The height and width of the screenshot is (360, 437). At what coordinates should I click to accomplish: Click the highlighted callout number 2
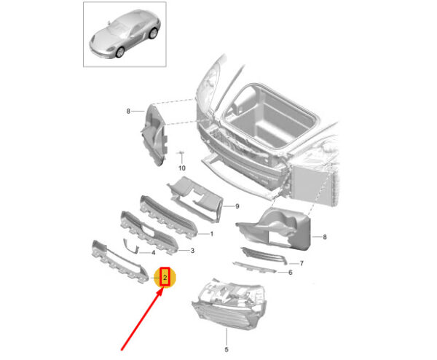click(x=165, y=278)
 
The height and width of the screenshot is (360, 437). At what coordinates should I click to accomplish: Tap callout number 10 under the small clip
click(x=181, y=168)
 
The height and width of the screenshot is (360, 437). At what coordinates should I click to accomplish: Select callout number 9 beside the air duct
click(x=237, y=206)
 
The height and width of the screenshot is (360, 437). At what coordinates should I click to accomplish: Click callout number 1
click(x=211, y=234)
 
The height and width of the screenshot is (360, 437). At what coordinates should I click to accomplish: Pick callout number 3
click(x=192, y=251)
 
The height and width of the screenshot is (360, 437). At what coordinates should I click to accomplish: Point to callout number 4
click(x=153, y=253)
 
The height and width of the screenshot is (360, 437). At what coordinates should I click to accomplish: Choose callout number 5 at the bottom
click(x=227, y=349)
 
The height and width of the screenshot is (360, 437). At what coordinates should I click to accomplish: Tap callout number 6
click(x=291, y=273)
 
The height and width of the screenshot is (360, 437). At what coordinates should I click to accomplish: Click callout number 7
click(x=302, y=263)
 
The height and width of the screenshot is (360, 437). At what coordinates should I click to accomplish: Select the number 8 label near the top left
click(x=128, y=111)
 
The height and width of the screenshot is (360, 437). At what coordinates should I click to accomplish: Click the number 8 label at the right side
click(x=325, y=237)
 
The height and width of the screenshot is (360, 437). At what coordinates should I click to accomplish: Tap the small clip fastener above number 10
click(x=181, y=152)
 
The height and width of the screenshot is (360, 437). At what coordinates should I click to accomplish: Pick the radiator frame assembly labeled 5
click(x=229, y=304)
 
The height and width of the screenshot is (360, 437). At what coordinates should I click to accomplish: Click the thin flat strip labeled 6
click(x=254, y=267)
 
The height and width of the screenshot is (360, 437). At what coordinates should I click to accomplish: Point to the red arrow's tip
click(x=162, y=289)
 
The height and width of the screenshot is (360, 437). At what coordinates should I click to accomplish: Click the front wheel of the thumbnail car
click(x=120, y=52)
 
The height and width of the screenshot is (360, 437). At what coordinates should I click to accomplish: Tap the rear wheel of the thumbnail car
click(x=153, y=34)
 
